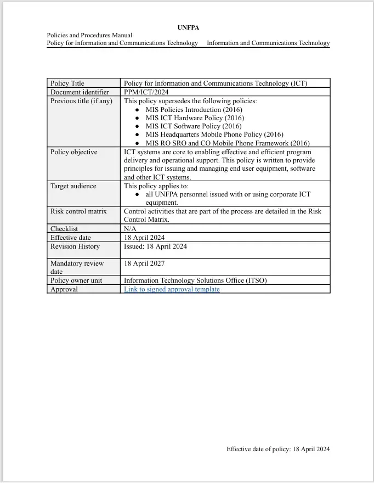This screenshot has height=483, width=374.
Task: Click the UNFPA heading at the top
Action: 187,27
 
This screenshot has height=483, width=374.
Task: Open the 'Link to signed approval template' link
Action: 172,289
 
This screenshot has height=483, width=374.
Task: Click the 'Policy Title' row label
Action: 67,83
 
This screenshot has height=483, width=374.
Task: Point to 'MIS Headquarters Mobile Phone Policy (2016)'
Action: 214,134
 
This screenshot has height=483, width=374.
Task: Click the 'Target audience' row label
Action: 73,186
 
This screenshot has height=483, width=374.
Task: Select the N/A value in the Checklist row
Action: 130,228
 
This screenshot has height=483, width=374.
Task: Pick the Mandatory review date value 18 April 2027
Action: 144,263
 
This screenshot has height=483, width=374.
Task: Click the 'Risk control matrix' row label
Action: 78,211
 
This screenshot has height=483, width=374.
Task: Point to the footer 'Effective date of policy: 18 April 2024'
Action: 278,449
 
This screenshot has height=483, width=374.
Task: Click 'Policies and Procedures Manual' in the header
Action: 89,35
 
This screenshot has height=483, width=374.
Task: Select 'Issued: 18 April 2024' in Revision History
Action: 155,246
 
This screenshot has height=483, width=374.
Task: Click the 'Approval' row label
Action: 64,289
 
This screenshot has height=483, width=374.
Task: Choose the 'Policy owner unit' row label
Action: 76,280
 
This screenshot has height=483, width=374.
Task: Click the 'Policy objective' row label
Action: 73,152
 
